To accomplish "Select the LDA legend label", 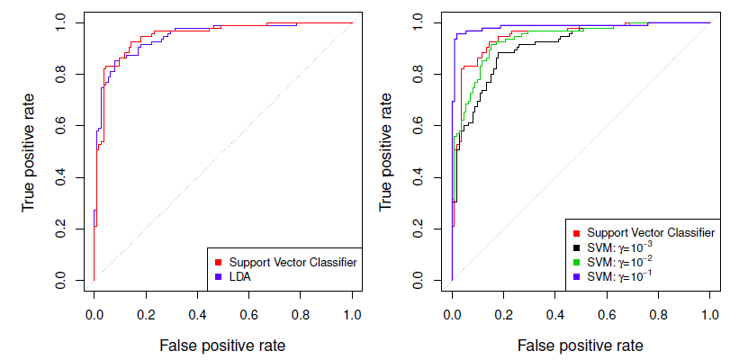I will pyautogui.click(x=240, y=277).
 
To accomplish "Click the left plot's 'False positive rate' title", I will pyautogui.click(x=222, y=345).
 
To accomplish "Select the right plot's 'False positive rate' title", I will pyautogui.click(x=581, y=345).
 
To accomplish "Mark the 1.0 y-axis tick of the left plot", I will pyautogui.click(x=60, y=22).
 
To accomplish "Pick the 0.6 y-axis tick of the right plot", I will pyautogui.click(x=419, y=127).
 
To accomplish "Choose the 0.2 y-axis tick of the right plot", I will pyautogui.click(x=419, y=231).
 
